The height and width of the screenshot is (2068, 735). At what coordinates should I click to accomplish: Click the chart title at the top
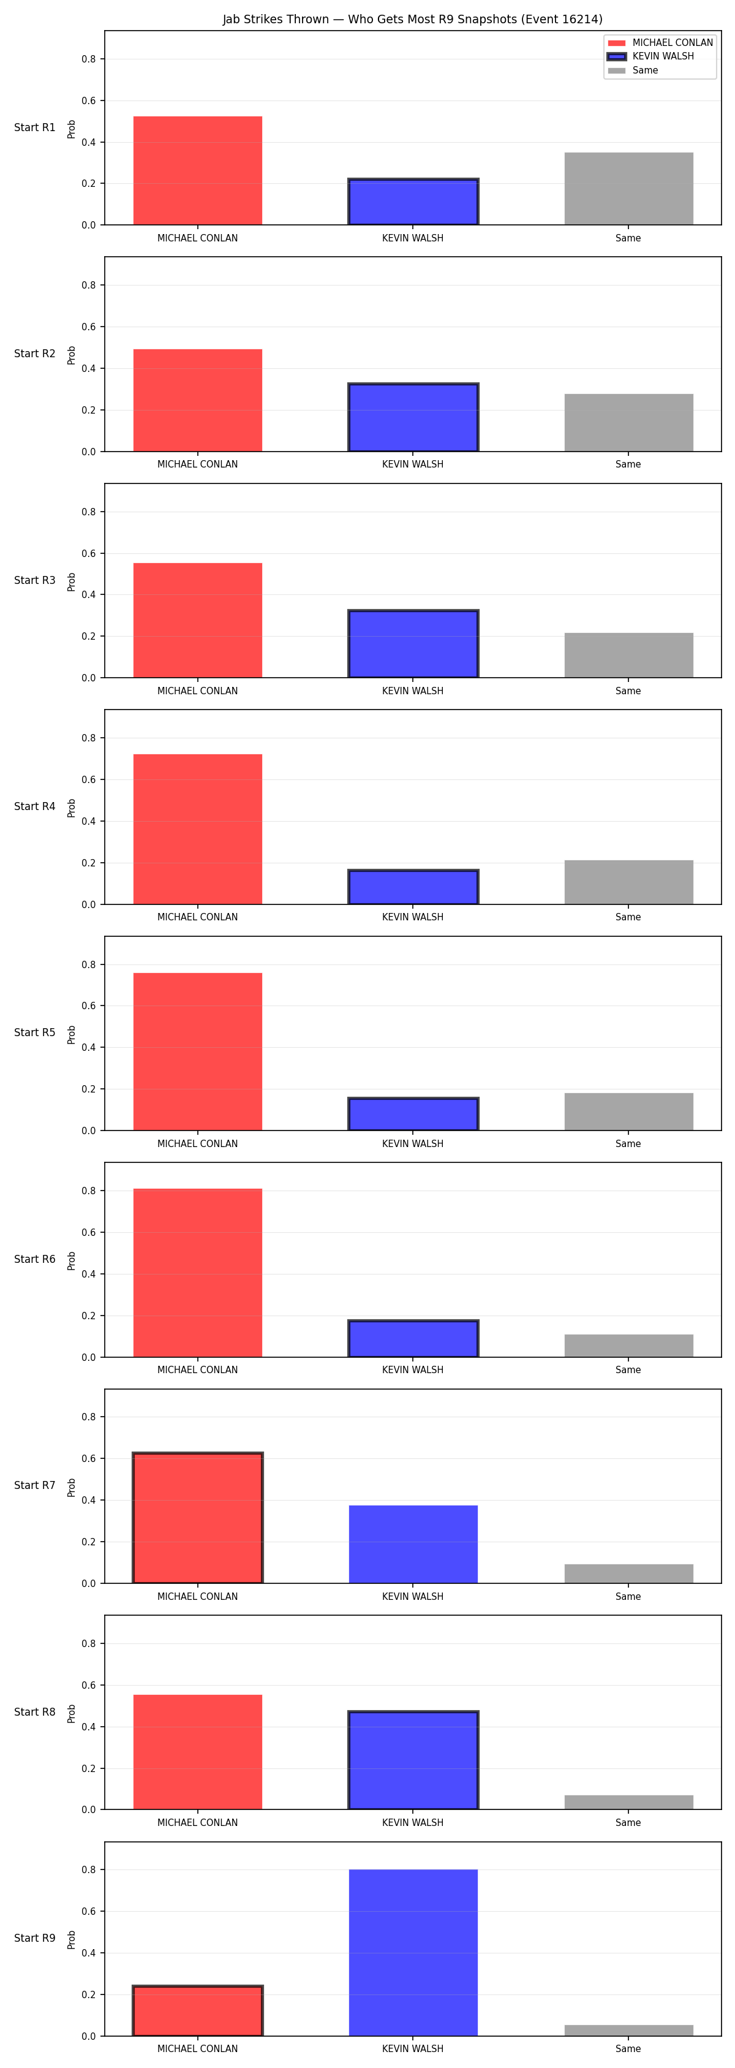coord(412,19)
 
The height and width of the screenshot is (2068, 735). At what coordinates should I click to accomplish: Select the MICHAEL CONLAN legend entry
coord(660,42)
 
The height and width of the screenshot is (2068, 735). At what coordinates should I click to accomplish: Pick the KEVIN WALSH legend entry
coord(650,56)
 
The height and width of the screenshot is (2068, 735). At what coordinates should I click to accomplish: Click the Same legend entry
coord(633,70)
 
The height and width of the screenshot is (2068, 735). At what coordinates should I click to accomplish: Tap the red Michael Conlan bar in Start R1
coord(197,170)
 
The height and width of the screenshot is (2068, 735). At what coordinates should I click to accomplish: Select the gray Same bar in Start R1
coord(628,189)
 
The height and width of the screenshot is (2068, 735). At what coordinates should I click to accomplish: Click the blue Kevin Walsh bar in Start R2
coord(413,417)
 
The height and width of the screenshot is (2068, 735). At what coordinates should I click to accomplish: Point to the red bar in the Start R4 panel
coord(197,829)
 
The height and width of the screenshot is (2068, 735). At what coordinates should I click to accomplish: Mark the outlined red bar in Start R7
coord(197,1517)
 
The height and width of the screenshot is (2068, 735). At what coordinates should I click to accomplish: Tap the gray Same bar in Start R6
coord(628,1346)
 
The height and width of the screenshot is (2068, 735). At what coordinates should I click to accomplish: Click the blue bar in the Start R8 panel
coord(413,1760)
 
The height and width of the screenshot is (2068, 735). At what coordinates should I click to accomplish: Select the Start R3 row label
coord(34,580)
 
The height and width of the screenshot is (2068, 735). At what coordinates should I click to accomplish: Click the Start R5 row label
coord(34,1032)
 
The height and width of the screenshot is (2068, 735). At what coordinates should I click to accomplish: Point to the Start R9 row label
coord(34,1938)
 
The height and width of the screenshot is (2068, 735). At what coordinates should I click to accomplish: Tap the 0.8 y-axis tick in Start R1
coord(88,59)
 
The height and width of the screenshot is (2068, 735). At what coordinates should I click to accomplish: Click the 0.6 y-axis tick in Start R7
coord(88,1459)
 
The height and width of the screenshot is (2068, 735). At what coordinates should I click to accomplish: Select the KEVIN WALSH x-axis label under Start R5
coord(412,1143)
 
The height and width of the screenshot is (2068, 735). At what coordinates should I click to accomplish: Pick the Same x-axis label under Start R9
coord(628,2049)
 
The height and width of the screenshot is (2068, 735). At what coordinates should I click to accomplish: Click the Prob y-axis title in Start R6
coord(72,1260)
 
